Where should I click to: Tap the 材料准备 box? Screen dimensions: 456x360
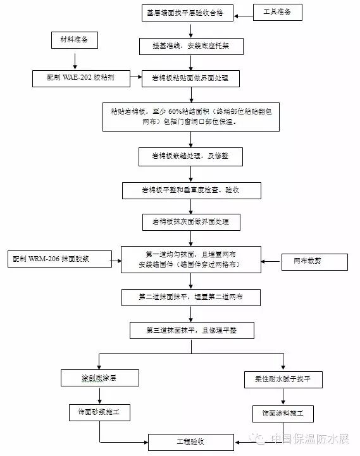point(75,40)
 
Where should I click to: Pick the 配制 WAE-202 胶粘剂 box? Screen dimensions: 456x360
point(81,78)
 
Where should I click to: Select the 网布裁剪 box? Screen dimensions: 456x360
point(314,261)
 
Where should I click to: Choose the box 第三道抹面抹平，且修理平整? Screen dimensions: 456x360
point(191,330)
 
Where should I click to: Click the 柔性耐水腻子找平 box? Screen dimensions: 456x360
point(283,379)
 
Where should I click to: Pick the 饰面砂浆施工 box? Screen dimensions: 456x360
point(99,412)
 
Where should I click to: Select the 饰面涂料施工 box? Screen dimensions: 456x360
point(283,414)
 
